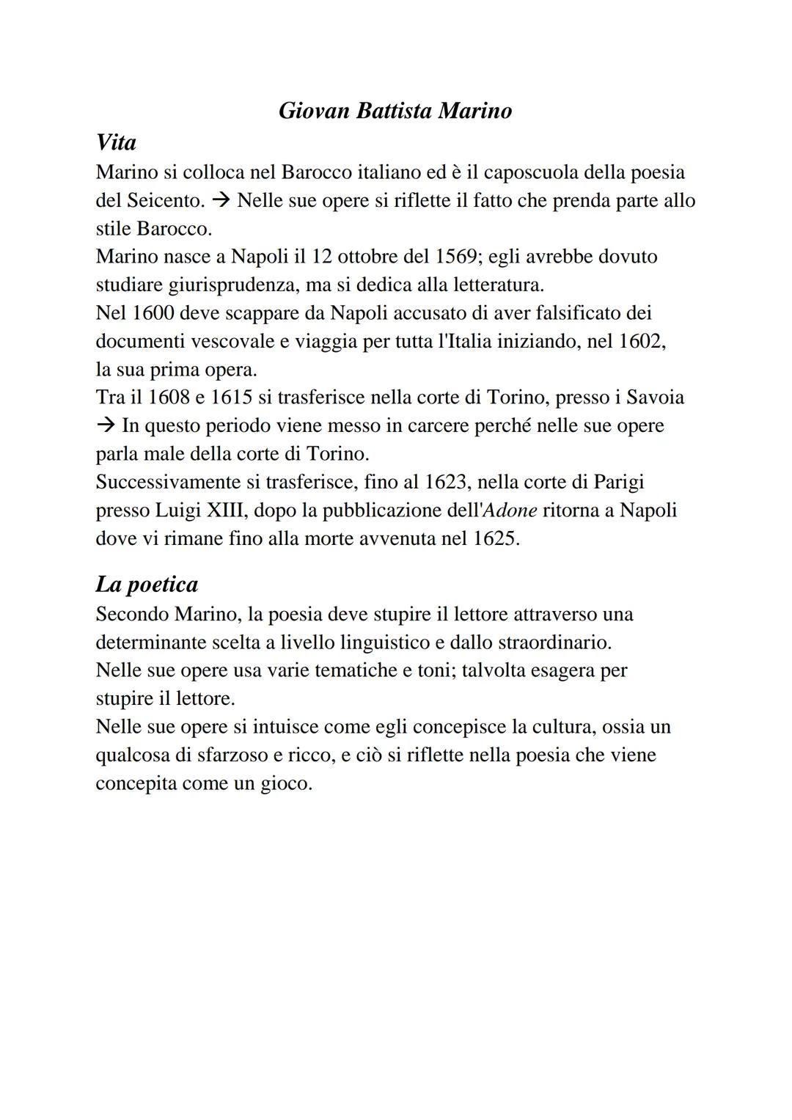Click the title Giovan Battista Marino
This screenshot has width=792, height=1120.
coord(395,111)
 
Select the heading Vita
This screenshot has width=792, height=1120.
coord(116,142)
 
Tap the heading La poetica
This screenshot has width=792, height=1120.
coord(147,584)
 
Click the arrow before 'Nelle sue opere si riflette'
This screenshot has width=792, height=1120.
coord(221,200)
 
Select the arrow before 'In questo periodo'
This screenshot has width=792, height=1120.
coord(106,425)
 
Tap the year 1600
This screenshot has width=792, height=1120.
coord(153,313)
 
